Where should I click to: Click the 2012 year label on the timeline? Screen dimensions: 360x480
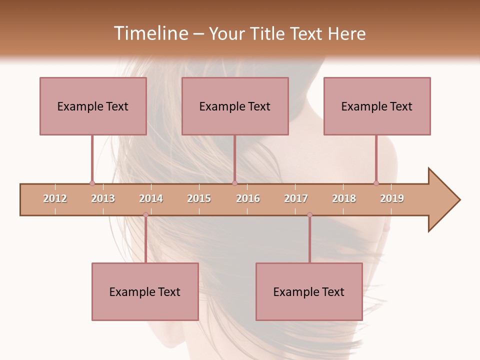click(x=55, y=198)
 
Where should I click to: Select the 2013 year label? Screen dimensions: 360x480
click(x=103, y=198)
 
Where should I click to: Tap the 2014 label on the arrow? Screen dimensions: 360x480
click(x=151, y=198)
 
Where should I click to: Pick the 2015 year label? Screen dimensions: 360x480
click(x=199, y=198)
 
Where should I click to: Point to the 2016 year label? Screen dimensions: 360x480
click(x=248, y=198)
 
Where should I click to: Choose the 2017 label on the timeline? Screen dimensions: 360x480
click(x=296, y=198)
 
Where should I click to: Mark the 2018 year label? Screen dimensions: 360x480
click(x=344, y=198)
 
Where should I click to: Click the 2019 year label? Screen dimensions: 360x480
click(x=392, y=198)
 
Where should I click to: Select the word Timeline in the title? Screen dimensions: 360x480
click(x=150, y=33)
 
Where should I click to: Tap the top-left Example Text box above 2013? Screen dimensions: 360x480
click(x=93, y=106)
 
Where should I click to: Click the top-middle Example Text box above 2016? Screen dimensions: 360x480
click(x=235, y=106)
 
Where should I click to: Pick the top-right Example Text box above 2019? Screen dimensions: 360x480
click(x=377, y=106)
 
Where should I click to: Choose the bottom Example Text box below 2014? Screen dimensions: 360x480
click(x=145, y=291)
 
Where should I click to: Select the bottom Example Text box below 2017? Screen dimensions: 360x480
click(x=309, y=291)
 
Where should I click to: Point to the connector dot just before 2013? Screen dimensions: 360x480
click(x=92, y=183)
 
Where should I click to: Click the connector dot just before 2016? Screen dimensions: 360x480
click(x=234, y=183)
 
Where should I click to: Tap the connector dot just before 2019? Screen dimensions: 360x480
click(x=376, y=183)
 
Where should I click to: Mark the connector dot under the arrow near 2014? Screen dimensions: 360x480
click(x=145, y=215)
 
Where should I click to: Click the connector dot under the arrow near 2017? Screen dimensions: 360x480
click(x=309, y=215)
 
